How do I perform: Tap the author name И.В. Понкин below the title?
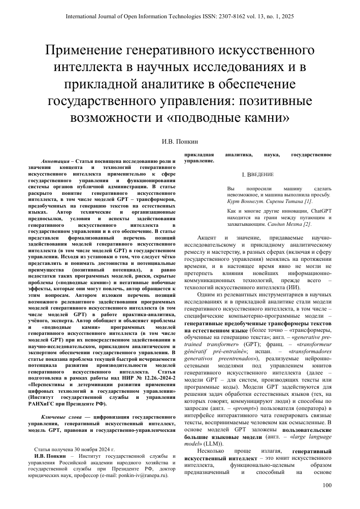point(180,137)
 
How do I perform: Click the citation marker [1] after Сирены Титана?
point(305,201)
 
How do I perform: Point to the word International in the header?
point(84,17)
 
